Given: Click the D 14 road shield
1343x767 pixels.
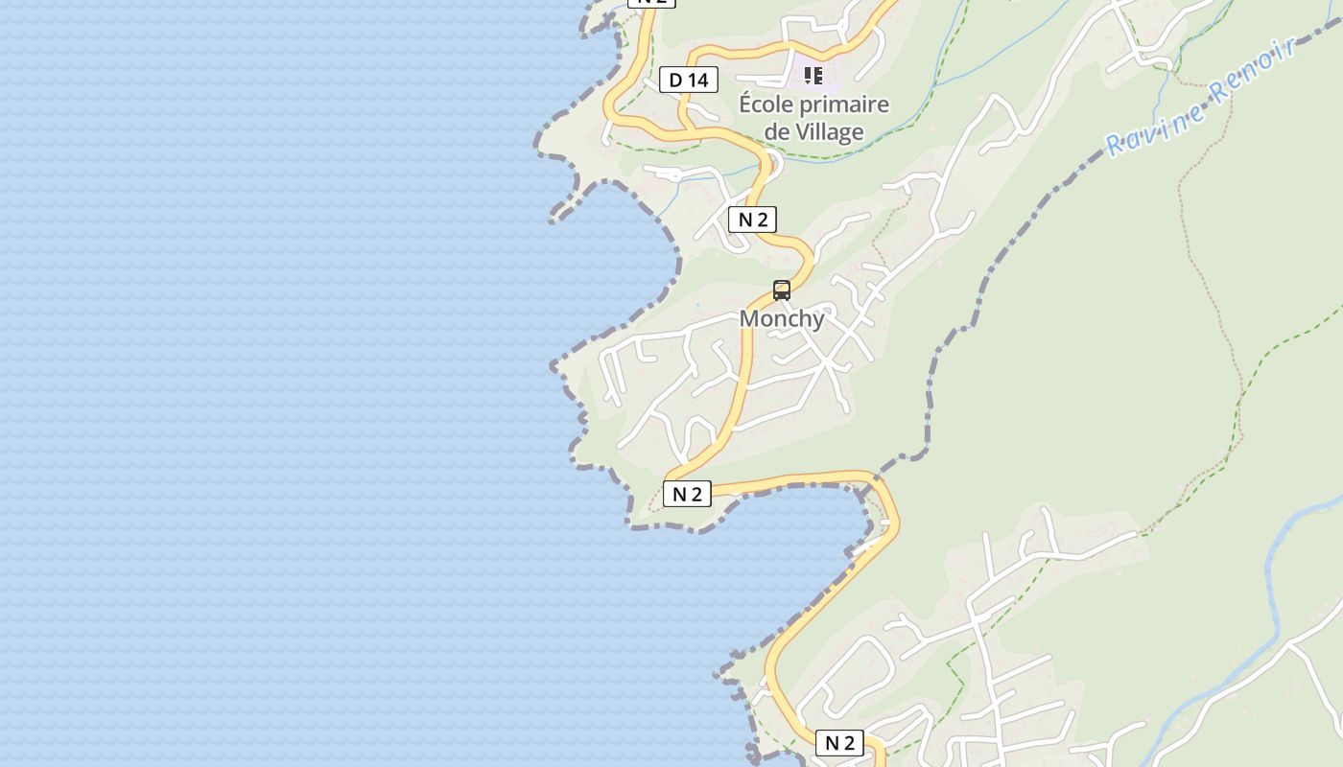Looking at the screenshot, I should pos(689,80).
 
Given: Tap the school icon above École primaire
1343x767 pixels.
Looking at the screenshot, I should pos(813,75).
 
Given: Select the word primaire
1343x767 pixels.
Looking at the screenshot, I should pos(848,104).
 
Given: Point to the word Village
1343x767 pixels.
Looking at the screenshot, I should pos(828,131).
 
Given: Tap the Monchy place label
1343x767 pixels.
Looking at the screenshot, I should pos(782,318).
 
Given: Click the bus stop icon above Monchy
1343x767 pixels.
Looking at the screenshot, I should pos(782,290).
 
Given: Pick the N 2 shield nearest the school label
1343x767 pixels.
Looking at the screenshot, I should pos(753,220).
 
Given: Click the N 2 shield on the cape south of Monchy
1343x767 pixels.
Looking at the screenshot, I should pos(687,494).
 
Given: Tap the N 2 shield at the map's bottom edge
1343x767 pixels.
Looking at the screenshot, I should pos(839,742).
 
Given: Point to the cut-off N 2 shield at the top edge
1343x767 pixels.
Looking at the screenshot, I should pos(651,2).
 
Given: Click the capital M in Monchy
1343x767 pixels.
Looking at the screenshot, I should pos(750,318).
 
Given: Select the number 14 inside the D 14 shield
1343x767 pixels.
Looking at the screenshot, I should pos(697,80).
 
